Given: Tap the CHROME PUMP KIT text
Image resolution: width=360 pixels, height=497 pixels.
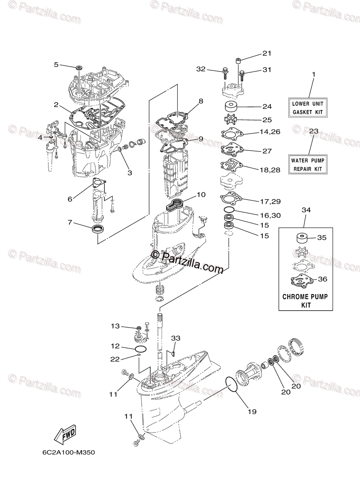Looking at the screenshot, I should tap(305, 301).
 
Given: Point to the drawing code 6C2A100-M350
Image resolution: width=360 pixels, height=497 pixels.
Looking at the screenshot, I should tap(68, 452).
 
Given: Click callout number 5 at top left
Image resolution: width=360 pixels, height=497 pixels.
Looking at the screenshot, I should tap(56, 64).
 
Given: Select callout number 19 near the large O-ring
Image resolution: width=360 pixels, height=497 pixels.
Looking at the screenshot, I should tap(252, 411).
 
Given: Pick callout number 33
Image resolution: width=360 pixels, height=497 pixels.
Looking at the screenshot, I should tap(176, 338).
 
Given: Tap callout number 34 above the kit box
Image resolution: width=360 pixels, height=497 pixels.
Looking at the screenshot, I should tap(306, 210).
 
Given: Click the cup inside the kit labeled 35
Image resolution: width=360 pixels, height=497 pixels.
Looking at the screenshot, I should tap(301, 239).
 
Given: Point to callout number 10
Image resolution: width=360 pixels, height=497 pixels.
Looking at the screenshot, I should tap(201, 194).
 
